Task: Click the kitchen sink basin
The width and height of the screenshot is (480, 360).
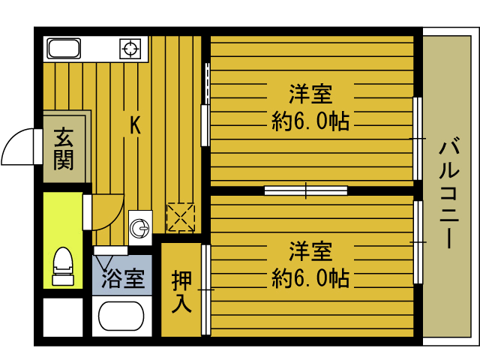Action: point(64,49)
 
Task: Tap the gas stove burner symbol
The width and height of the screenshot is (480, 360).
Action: point(130,49)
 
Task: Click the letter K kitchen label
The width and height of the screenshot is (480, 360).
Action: point(134,124)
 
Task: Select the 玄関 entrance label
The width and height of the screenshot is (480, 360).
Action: point(64,148)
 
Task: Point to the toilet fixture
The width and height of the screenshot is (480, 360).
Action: point(63,265)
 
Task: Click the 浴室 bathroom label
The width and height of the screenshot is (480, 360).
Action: point(123,279)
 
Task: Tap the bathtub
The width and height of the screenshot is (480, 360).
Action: point(121,318)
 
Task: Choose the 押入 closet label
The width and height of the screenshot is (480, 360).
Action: point(181,292)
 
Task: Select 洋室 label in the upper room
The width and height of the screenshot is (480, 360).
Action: point(310,95)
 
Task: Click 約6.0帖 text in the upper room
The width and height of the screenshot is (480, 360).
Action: point(310,121)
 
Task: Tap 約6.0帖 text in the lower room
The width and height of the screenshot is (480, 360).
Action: point(310,278)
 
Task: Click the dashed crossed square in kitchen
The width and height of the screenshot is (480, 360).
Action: point(180,217)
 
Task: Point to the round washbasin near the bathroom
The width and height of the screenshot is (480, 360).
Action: point(139,226)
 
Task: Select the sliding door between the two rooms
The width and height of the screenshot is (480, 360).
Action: point(305,190)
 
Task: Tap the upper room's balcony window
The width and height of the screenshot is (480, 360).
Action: point(418,139)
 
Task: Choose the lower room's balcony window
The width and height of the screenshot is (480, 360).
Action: point(418,241)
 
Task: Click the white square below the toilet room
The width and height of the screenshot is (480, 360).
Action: point(62,318)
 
